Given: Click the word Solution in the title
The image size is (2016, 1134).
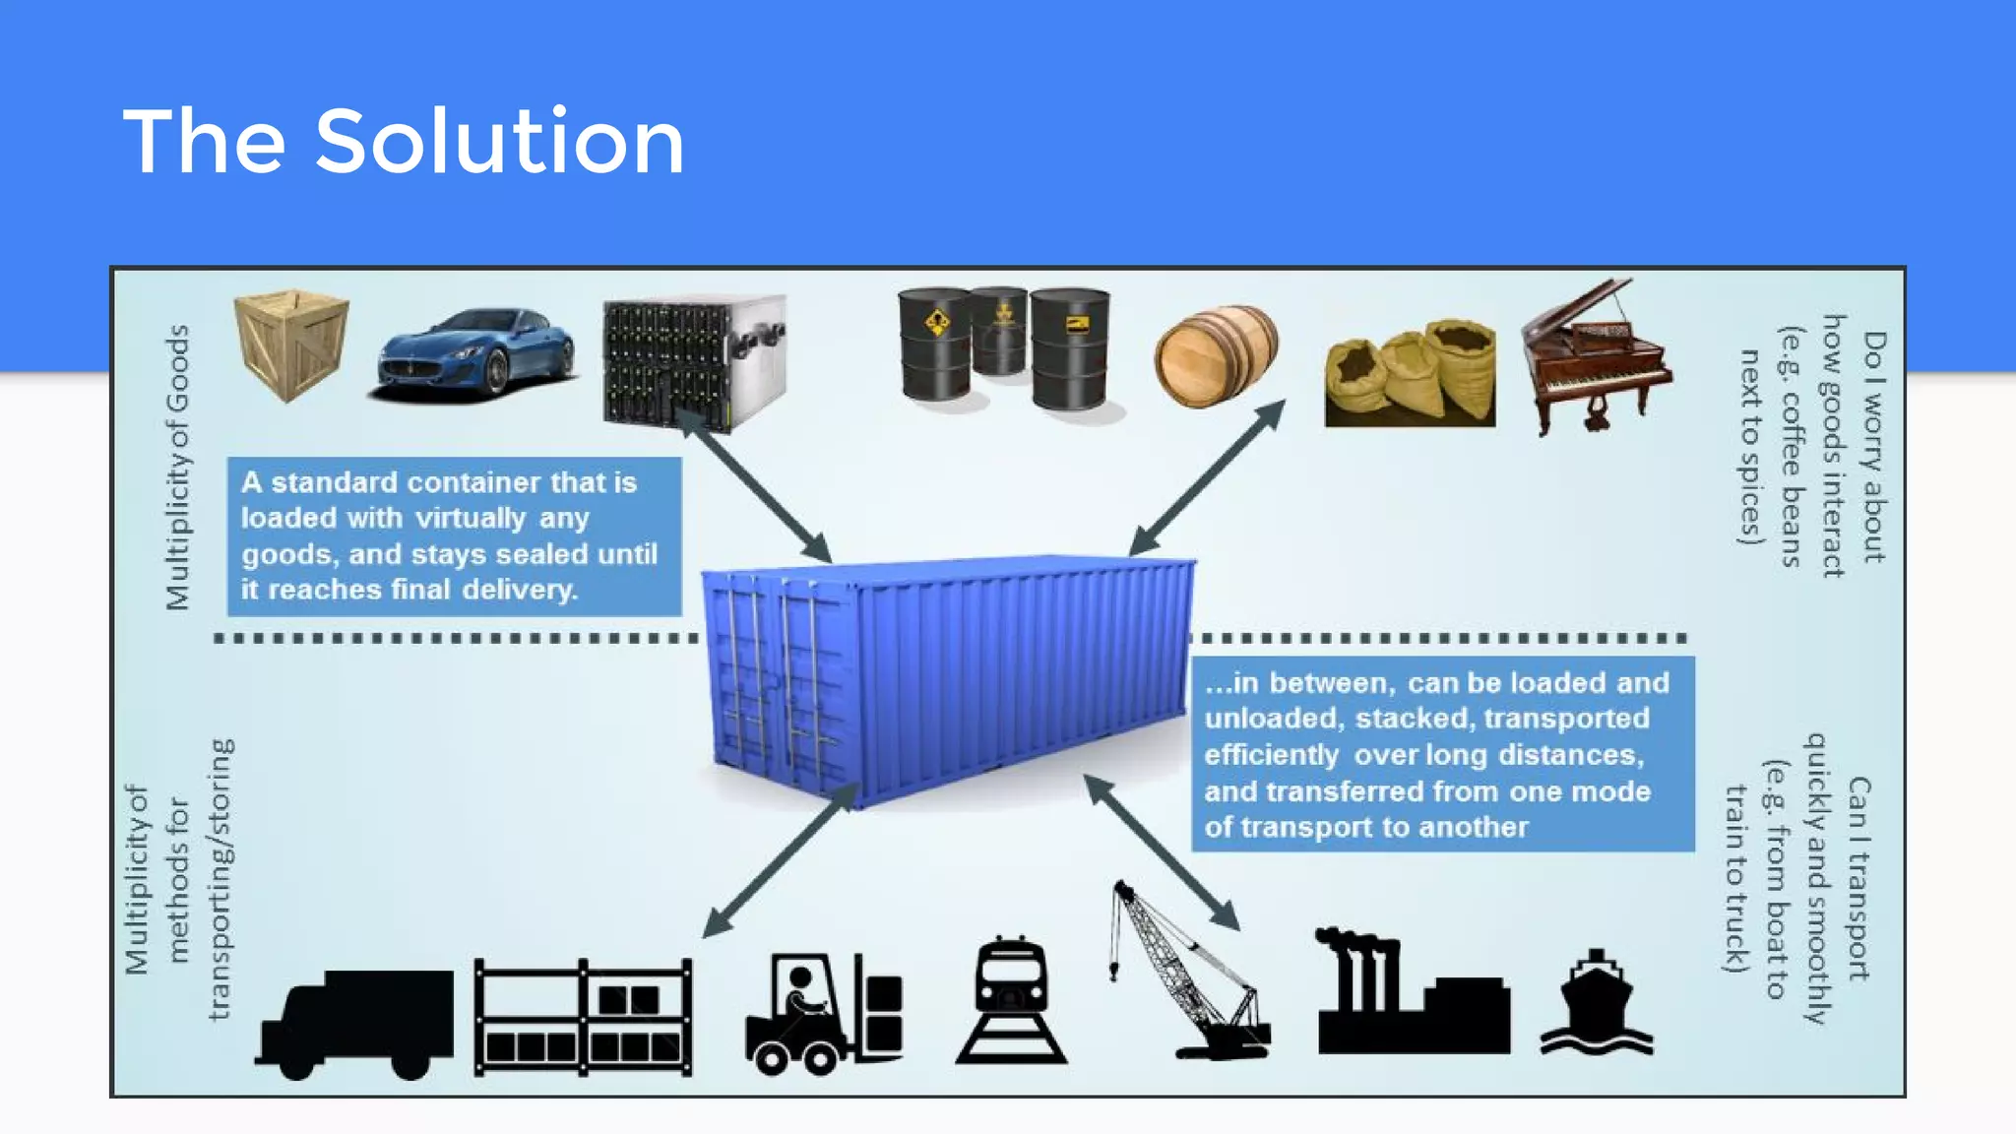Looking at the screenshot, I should pos(499,142).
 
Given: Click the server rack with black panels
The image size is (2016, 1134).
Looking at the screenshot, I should pos(693,362).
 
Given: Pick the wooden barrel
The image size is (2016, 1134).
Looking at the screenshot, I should pos(1217,355).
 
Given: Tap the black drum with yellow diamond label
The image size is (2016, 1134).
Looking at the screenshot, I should pos(935,344).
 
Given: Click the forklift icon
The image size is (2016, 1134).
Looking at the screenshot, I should pos(823,1014).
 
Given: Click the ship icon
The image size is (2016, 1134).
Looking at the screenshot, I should pos(1597,1004).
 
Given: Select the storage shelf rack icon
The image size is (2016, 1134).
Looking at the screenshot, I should pos(583,1018).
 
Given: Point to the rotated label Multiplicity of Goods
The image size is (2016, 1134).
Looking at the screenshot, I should pos(176,468).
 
